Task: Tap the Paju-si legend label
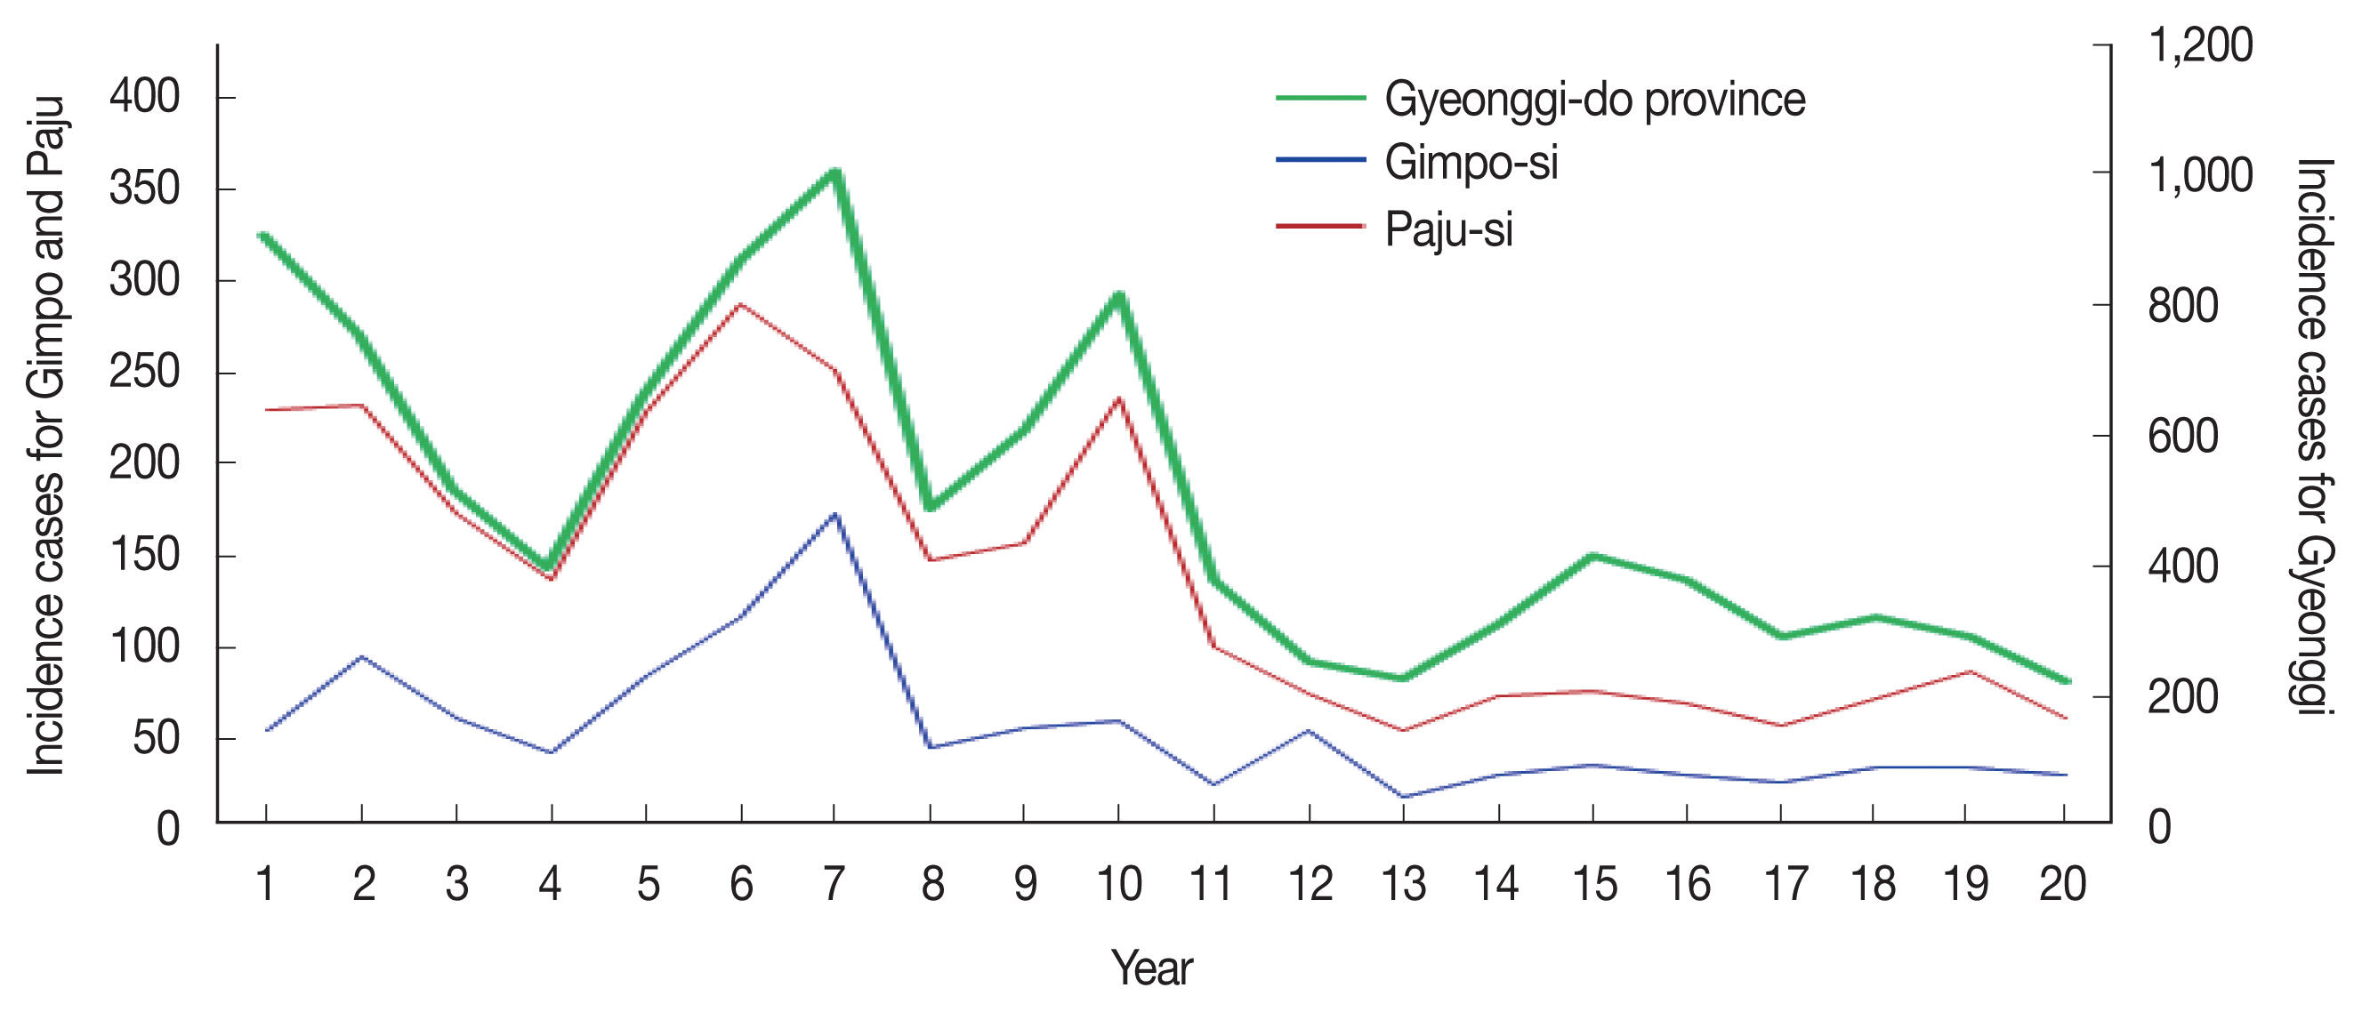click(x=1448, y=229)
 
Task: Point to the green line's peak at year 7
click(x=835, y=172)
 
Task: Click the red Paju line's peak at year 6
click(x=740, y=303)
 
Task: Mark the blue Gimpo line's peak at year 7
click(x=834, y=514)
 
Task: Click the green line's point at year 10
click(x=1118, y=295)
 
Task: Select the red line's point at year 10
click(x=1118, y=398)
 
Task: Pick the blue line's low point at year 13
click(x=1403, y=797)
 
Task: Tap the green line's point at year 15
click(x=1592, y=556)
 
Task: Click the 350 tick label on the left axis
click(x=144, y=189)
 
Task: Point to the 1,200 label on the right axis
click(x=2200, y=46)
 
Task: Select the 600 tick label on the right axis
click(x=2183, y=437)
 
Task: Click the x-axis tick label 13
click(x=1403, y=885)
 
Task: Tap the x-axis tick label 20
click(x=2063, y=885)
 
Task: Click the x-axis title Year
click(x=1152, y=968)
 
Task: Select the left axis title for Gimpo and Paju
click(x=46, y=437)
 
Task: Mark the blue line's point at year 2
click(x=362, y=656)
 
